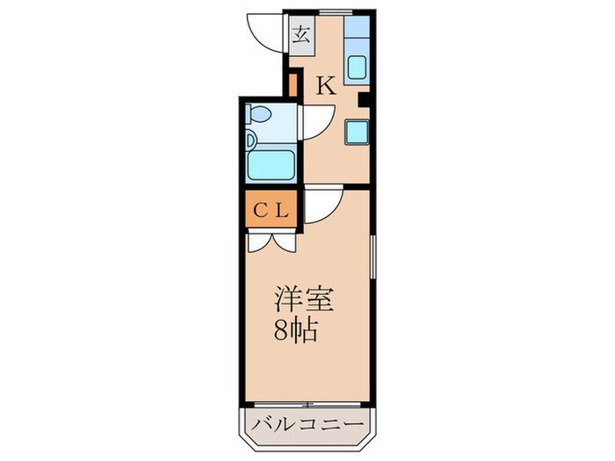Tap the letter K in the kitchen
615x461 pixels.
point(325,85)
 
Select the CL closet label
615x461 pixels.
point(273,211)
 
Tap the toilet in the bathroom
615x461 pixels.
point(261,114)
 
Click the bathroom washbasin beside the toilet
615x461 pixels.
point(251,138)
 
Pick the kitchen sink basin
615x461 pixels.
point(357,68)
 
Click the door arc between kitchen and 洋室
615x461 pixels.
point(321,204)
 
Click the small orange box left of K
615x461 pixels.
point(293,85)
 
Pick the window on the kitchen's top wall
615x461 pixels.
point(331,11)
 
